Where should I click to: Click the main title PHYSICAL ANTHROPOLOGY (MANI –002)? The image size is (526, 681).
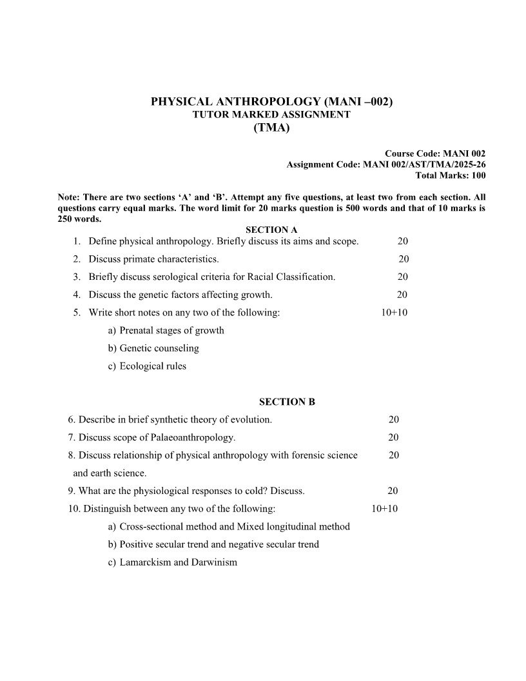pyautogui.click(x=271, y=101)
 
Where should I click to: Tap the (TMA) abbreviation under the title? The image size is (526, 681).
pyautogui.click(x=271, y=128)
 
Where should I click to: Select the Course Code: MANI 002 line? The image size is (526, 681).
pyautogui.click(x=435, y=153)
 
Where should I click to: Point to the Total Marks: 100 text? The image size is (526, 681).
pyautogui.click(x=451, y=175)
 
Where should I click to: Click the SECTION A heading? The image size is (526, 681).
pyautogui.click(x=271, y=230)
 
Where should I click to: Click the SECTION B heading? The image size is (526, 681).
pyautogui.click(x=287, y=402)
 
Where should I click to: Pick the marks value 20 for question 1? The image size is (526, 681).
pyautogui.click(x=402, y=241)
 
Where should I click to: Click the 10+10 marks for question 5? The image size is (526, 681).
pyautogui.click(x=394, y=313)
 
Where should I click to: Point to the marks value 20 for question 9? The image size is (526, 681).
pyautogui.click(x=393, y=491)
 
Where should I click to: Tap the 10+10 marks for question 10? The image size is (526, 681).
pyautogui.click(x=385, y=509)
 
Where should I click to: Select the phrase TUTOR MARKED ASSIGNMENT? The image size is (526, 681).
pyautogui.click(x=271, y=115)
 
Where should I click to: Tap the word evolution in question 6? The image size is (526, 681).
pyautogui.click(x=251, y=420)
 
